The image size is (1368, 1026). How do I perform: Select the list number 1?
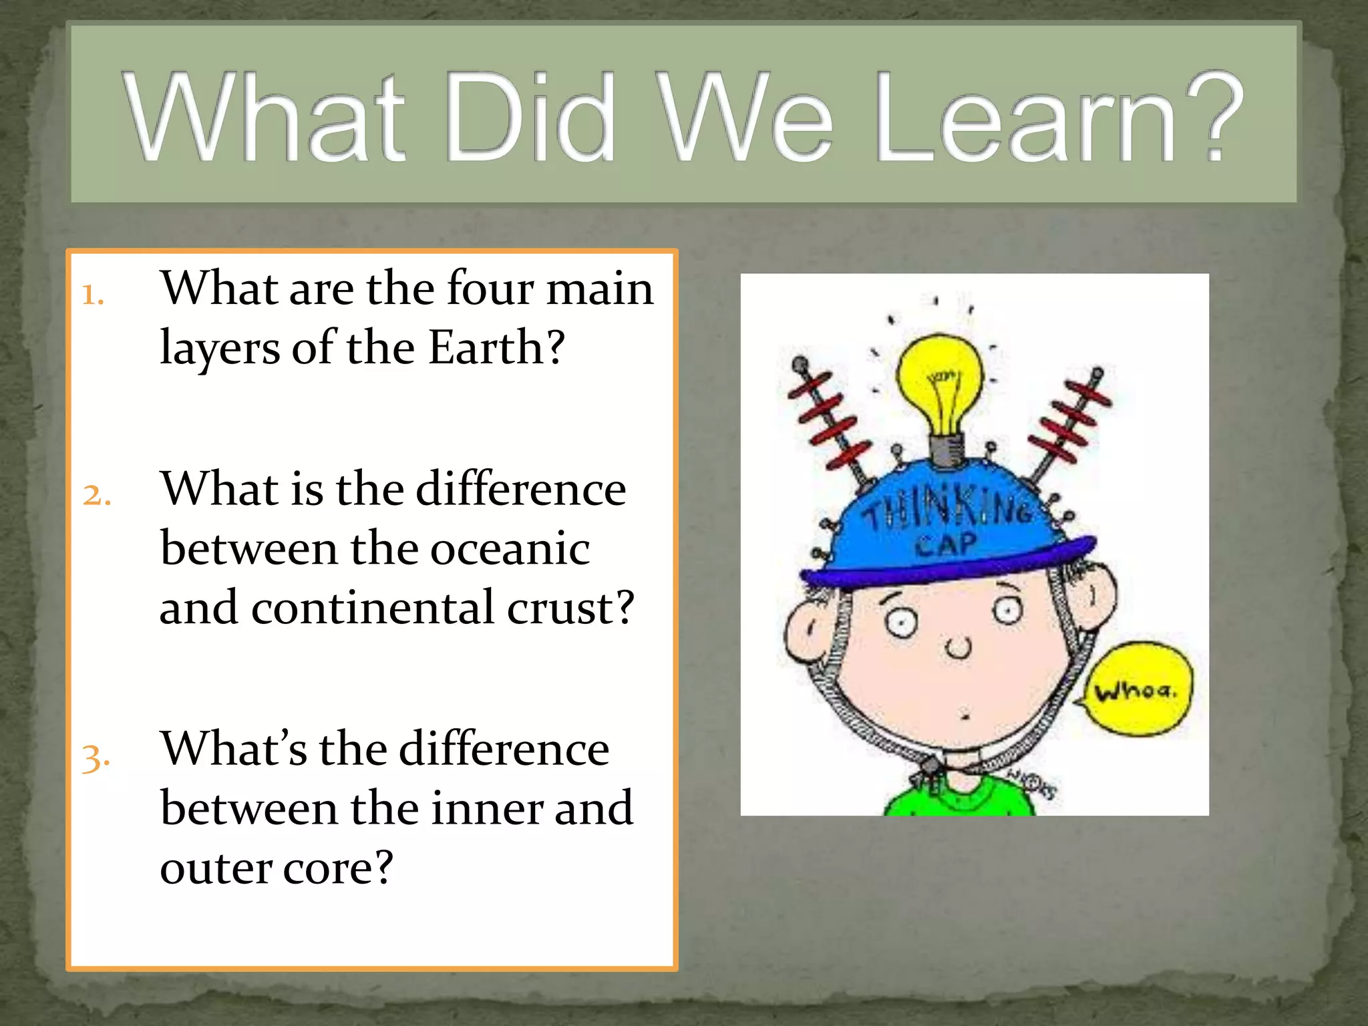click(93, 295)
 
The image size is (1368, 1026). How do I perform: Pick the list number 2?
click(96, 495)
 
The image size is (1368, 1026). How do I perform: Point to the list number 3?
click(96, 757)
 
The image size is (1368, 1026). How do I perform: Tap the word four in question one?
click(490, 289)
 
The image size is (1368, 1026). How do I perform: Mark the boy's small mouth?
click(965, 716)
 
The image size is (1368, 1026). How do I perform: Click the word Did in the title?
click(530, 119)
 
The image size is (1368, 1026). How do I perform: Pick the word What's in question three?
click(234, 749)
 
